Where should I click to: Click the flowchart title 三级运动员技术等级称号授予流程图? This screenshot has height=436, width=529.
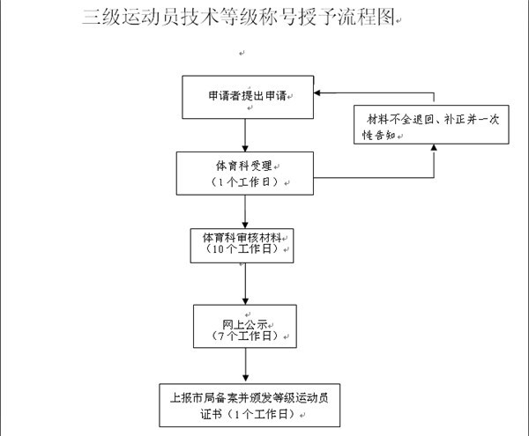click(x=239, y=17)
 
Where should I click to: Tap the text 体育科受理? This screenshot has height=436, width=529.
click(x=244, y=166)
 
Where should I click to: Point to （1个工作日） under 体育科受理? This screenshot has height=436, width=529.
click(x=245, y=182)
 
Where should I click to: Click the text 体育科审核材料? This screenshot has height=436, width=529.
click(x=242, y=238)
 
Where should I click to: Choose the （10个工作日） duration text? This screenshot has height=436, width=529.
click(x=242, y=249)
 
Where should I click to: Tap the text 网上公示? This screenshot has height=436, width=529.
click(x=245, y=325)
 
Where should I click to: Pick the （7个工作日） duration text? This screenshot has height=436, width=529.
click(x=245, y=336)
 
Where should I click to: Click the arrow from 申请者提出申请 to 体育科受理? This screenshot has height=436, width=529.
click(x=245, y=136)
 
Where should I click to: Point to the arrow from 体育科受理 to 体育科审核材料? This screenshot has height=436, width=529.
click(x=245, y=212)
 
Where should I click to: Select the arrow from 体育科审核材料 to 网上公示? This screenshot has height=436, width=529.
click(x=246, y=284)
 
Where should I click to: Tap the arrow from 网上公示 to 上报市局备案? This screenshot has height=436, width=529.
click(x=246, y=366)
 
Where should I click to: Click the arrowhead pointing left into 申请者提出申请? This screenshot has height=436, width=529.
click(x=317, y=92)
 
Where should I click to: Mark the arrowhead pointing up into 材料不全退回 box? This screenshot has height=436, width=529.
click(x=434, y=147)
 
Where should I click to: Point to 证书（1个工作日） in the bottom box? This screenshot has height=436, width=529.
click(x=249, y=414)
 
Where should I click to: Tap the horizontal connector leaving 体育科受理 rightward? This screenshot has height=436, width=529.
click(x=374, y=178)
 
